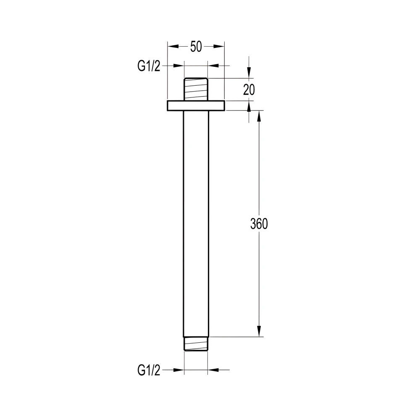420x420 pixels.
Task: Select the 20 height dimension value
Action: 249,89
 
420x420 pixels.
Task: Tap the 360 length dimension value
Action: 259,224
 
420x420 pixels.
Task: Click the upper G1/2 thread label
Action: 149,66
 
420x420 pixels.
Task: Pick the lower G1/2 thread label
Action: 149,370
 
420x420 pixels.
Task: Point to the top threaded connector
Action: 196,89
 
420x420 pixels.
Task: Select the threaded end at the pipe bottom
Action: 196,344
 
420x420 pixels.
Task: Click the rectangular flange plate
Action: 196,105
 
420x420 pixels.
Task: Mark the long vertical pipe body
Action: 196,223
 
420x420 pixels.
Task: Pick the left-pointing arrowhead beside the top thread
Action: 214,66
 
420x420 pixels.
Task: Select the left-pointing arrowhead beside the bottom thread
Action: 214,370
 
